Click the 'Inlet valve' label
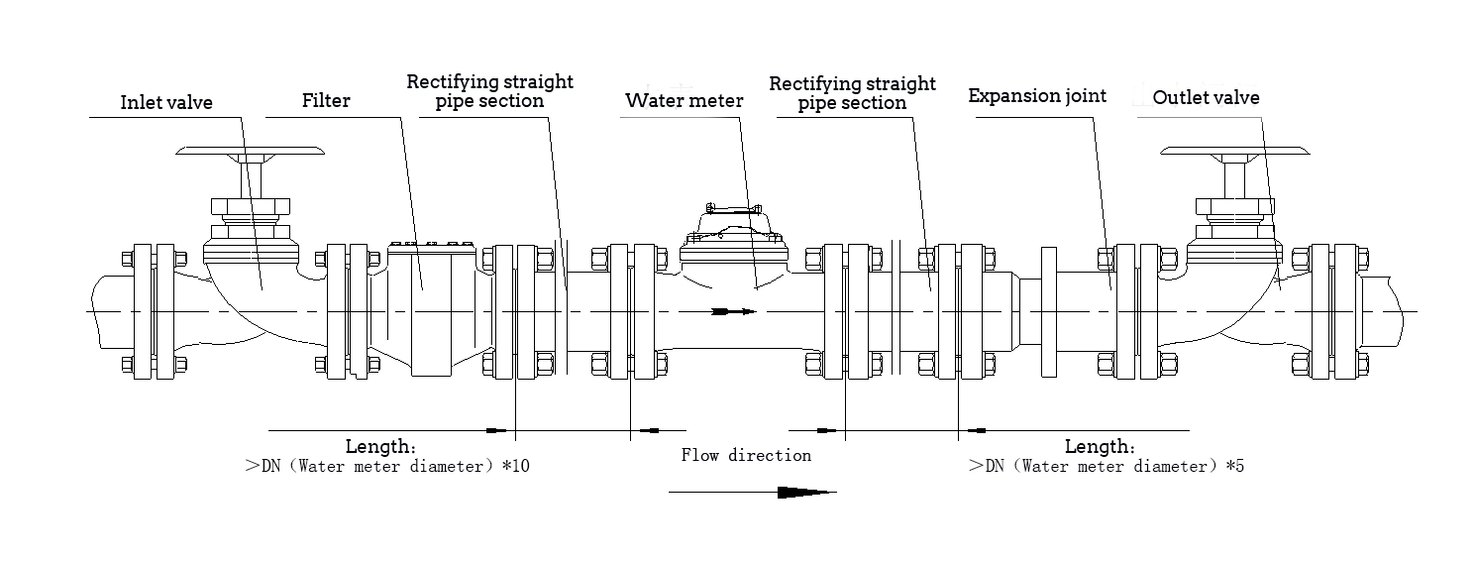[166, 102]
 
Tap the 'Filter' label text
[326, 100]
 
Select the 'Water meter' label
[684, 101]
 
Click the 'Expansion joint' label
[1037, 96]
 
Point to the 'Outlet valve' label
[1206, 97]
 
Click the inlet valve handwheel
[250, 152]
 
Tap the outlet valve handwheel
[1235, 152]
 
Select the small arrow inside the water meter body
[733, 311]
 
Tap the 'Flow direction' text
[746, 456]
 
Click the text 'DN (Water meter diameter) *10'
[394, 466]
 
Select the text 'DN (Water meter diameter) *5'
[1114, 466]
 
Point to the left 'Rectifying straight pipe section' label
[489, 91]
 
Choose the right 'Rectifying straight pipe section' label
[852, 93]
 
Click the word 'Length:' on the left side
[381, 446]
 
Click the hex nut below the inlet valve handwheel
[250, 208]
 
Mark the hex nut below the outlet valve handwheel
[1235, 208]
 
